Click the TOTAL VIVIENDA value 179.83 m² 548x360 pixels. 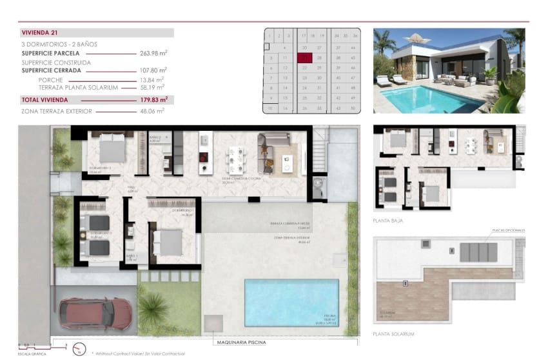153,99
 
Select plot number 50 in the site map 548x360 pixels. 354,108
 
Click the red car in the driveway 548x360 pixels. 95,314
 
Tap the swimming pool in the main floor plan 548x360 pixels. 291,302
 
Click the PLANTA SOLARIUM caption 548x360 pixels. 393,334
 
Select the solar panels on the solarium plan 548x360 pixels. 478,252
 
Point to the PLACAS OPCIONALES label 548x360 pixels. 508,230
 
